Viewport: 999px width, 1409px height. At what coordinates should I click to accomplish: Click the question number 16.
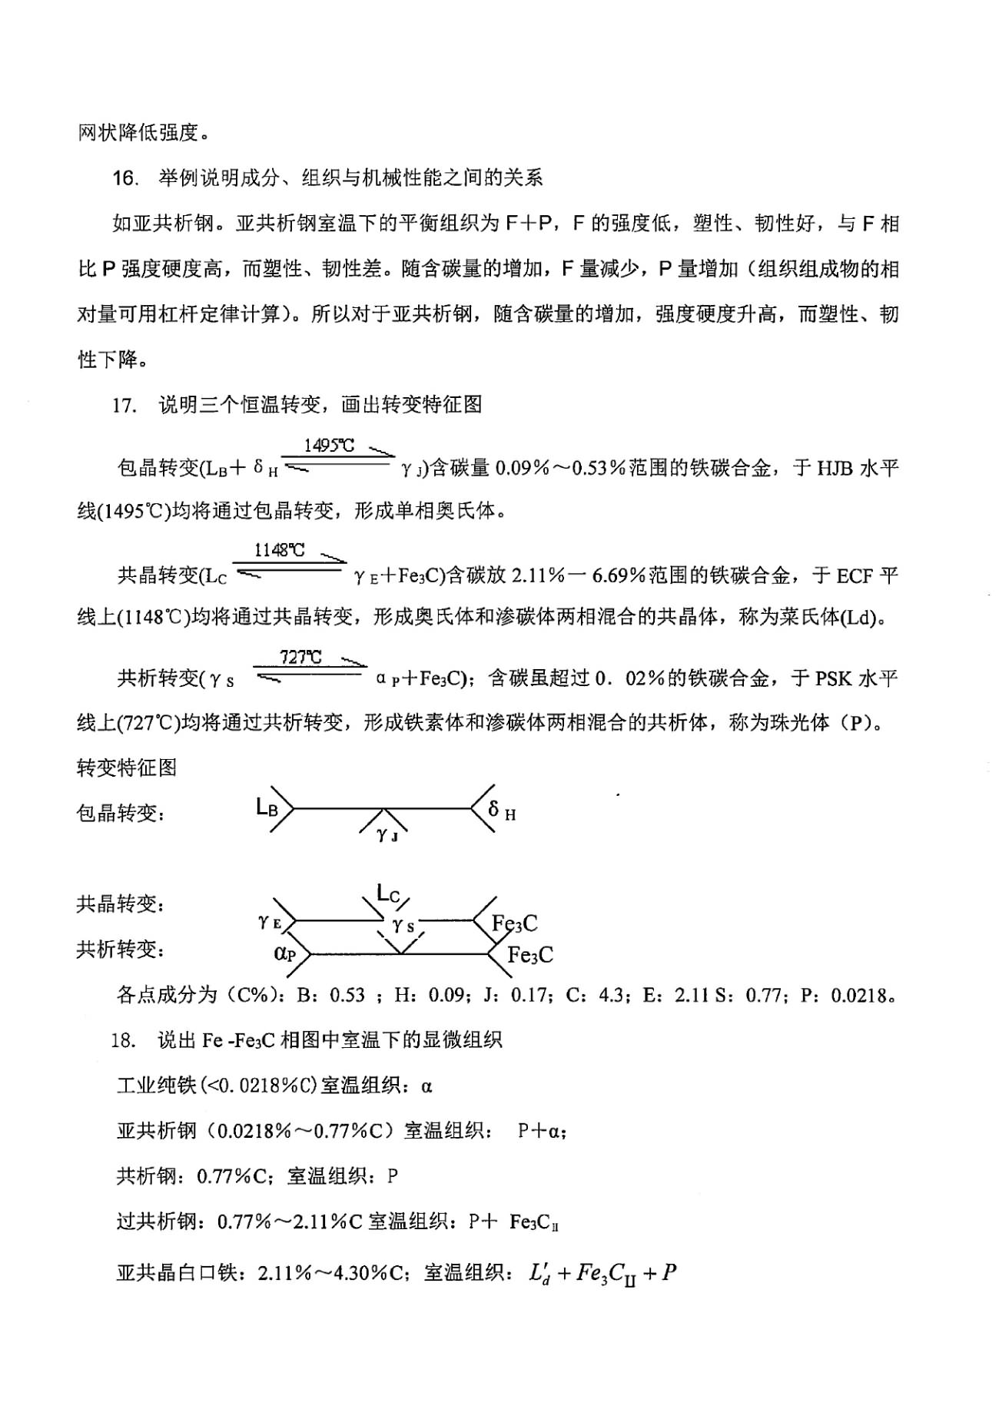[124, 179]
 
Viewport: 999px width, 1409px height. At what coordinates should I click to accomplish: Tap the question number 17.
[124, 405]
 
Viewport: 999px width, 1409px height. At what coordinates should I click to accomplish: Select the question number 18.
[124, 1040]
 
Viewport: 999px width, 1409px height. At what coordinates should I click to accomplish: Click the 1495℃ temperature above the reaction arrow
[329, 446]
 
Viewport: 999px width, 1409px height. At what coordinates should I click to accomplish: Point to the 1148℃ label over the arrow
[280, 550]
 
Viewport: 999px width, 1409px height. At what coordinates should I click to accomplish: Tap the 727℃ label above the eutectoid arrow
[300, 657]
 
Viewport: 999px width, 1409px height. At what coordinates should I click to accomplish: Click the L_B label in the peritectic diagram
[267, 807]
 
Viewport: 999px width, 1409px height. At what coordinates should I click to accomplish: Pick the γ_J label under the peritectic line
[387, 834]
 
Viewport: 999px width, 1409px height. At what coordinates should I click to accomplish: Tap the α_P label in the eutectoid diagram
[284, 953]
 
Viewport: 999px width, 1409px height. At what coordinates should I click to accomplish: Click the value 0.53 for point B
[347, 996]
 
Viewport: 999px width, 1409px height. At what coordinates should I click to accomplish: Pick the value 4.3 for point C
[611, 996]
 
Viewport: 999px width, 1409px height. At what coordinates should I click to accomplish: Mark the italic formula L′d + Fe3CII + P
[602, 1273]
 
